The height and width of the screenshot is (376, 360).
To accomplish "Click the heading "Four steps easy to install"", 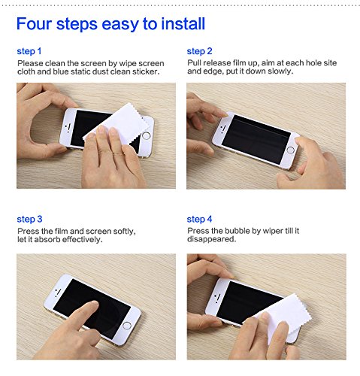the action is tap(110, 25).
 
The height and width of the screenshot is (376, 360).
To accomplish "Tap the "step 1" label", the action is tap(29, 51).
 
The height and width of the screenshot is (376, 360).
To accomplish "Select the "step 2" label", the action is tap(199, 51).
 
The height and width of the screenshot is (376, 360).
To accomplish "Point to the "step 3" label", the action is tap(29, 219).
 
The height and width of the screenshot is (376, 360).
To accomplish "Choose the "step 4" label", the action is tap(199, 219).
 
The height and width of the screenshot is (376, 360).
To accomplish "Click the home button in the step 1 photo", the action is tap(146, 136).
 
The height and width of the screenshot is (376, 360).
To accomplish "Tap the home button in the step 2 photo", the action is tap(290, 150).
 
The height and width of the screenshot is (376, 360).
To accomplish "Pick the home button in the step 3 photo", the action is tap(127, 326).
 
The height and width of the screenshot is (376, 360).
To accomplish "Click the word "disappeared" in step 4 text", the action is tap(211, 239).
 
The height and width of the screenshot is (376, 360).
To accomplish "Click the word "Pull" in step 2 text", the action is tap(194, 62).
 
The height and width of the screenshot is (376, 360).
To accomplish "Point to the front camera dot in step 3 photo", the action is tap(59, 290).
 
